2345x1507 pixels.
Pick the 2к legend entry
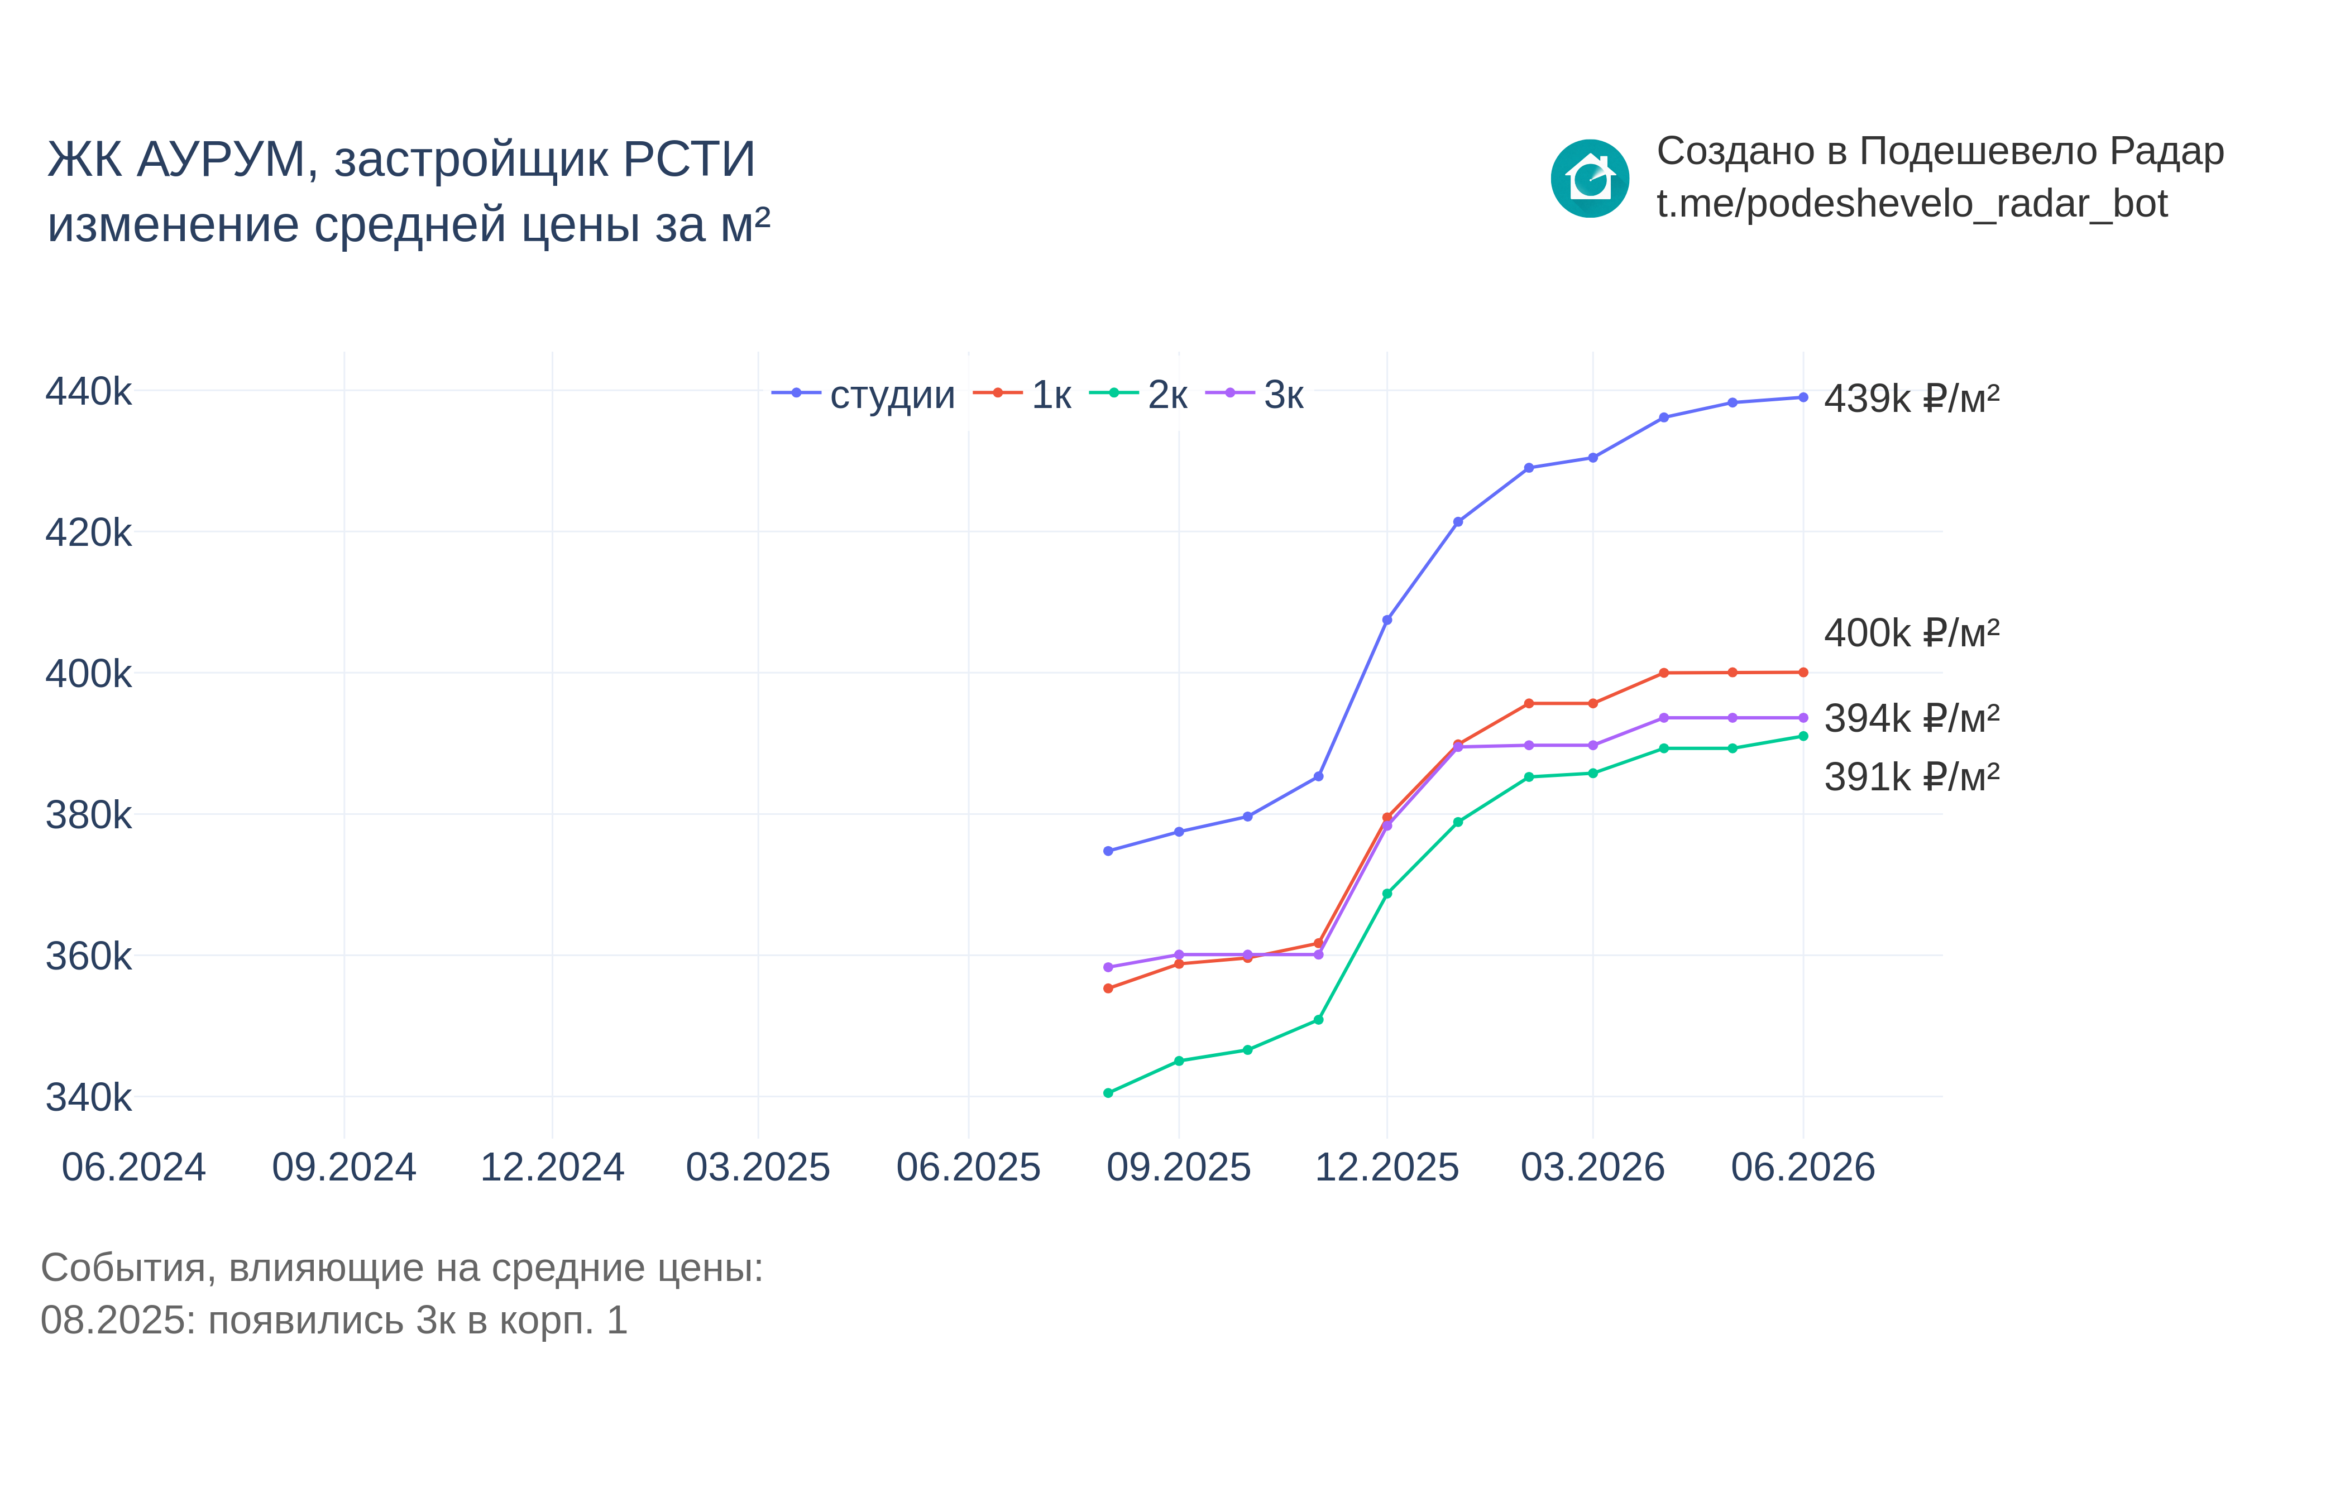pyautogui.click(x=1138, y=395)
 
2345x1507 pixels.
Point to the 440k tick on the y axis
pyautogui.click(x=88, y=391)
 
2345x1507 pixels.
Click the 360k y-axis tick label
pyautogui.click(x=88, y=956)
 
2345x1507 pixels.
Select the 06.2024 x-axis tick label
pyautogui.click(x=134, y=1168)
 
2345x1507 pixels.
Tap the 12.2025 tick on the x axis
pyautogui.click(x=1387, y=1168)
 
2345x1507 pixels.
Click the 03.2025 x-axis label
pyautogui.click(x=759, y=1168)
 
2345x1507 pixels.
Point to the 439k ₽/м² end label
pyautogui.click(x=1911, y=399)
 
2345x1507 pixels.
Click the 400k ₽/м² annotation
pyautogui.click(x=1911, y=633)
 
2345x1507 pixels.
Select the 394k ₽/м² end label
pyautogui.click(x=1911, y=718)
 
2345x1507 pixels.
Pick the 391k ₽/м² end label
pyautogui.click(x=1911, y=777)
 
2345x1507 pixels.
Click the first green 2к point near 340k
pyautogui.click(x=1108, y=1093)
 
